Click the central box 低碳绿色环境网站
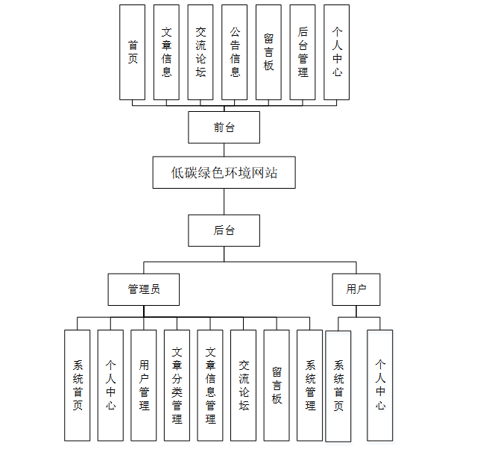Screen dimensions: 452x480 pyautogui.click(x=224, y=172)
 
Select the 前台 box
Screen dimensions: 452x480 pyautogui.click(x=224, y=128)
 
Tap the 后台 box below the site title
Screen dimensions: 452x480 pyautogui.click(x=224, y=230)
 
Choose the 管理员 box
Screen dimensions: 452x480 pyautogui.click(x=143, y=289)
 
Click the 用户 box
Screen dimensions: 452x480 pyautogui.click(x=356, y=289)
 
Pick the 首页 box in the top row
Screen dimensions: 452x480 pyautogui.click(x=133, y=51)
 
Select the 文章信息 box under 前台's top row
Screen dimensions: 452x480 pyautogui.click(x=167, y=51)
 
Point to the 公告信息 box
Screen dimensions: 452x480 pyautogui.click(x=235, y=51)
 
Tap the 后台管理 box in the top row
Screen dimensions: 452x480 pyautogui.click(x=303, y=51)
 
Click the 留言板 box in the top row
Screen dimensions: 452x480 pyautogui.click(x=268, y=51)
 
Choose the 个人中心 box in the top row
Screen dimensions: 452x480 pyautogui.click(x=337, y=51)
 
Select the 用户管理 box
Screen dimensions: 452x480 pyautogui.click(x=144, y=385)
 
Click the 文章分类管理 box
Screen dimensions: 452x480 pyautogui.click(x=177, y=385)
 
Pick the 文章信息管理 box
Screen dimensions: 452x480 pyautogui.click(x=210, y=385)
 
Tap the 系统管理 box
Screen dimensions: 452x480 pyautogui.click(x=310, y=385)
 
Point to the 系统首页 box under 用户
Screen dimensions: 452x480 pyautogui.click(x=338, y=385)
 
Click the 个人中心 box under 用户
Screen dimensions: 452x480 pyautogui.click(x=380, y=385)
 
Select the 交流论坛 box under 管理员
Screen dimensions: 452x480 pyautogui.click(x=244, y=385)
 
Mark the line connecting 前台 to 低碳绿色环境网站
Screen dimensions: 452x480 pyautogui.click(x=224, y=150)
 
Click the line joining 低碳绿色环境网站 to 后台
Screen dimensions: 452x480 pyautogui.click(x=224, y=201)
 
